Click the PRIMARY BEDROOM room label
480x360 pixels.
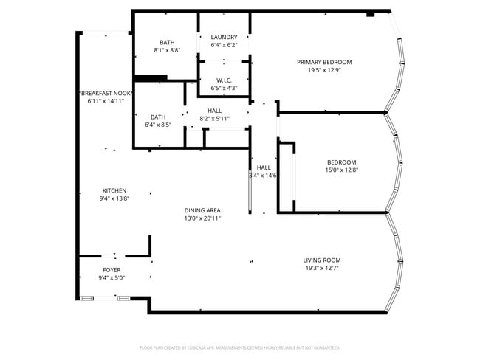[x=324, y=62]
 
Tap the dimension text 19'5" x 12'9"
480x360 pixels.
[x=324, y=71]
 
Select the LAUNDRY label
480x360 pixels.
[x=224, y=37]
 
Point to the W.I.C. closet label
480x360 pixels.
[x=224, y=80]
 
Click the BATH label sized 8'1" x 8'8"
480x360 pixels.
[x=166, y=42]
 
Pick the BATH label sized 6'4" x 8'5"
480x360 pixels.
[x=158, y=117]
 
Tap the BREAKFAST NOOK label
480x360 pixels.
[x=104, y=92]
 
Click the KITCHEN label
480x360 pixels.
[x=114, y=190]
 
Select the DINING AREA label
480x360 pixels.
[x=202, y=210]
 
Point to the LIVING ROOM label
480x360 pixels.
[x=321, y=260]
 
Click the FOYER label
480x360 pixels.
[x=112, y=270]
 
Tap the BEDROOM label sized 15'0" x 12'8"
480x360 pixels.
[x=341, y=162]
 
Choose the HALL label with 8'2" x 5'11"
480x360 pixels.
[x=214, y=111]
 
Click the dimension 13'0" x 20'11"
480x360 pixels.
[x=202, y=218]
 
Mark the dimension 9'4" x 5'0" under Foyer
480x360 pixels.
[x=112, y=279]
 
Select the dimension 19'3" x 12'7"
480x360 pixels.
[x=321, y=269]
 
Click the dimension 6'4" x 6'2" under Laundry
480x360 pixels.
[x=224, y=46]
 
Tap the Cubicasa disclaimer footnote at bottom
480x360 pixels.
[x=239, y=347]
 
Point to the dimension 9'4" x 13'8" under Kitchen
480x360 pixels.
[x=114, y=199]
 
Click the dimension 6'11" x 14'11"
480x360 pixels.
[x=104, y=101]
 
